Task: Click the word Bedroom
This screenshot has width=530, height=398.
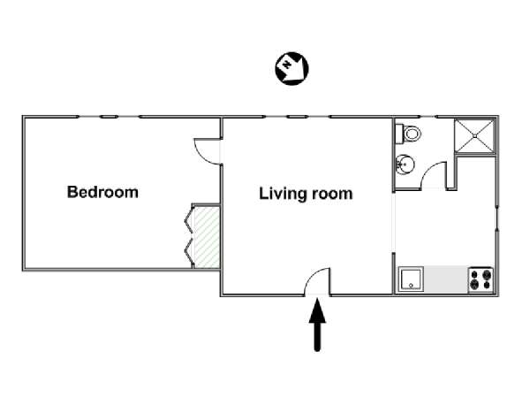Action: (x=102, y=192)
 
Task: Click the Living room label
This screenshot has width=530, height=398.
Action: (x=306, y=194)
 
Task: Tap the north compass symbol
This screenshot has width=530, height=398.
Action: (x=291, y=68)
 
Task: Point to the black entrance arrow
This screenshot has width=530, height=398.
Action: (x=317, y=325)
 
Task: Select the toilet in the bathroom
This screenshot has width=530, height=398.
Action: (x=408, y=134)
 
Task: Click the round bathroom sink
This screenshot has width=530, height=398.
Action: (x=405, y=165)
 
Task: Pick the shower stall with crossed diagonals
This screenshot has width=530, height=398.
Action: (x=474, y=136)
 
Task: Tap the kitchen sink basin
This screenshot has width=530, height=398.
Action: (x=411, y=279)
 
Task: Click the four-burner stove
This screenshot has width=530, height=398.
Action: (x=481, y=279)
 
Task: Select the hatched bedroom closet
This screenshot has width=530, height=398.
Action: (x=207, y=237)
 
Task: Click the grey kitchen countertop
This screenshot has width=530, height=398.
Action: (x=445, y=279)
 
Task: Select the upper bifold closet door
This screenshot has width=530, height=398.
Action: (x=189, y=221)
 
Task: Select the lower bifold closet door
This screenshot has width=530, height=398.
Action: (x=189, y=251)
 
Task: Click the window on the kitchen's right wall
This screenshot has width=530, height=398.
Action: (x=496, y=218)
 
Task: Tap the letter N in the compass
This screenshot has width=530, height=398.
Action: (x=287, y=64)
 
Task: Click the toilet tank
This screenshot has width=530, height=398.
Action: (x=399, y=134)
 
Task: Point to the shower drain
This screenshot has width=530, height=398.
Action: (x=474, y=136)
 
